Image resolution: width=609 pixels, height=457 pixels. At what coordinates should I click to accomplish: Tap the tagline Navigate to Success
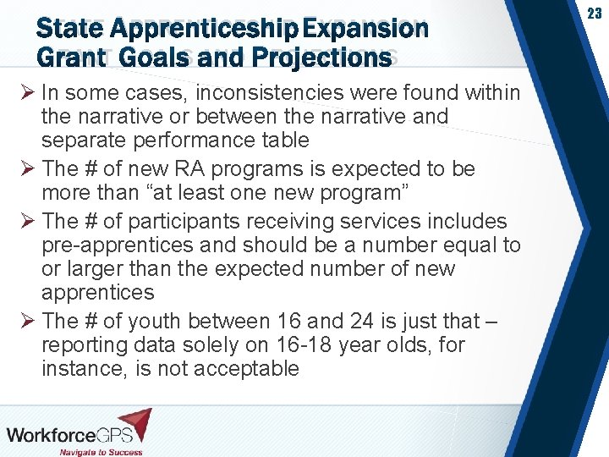tap(99, 451)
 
